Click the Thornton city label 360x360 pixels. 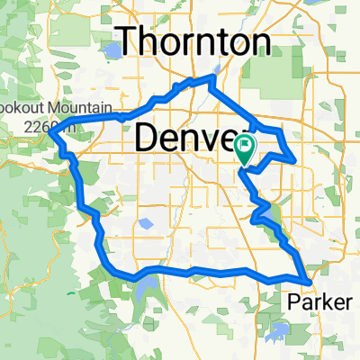[x=196, y=42]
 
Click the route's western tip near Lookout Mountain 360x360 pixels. [x=50, y=134]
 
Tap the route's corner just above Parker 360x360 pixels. [x=310, y=281]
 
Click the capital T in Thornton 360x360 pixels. [x=132, y=41]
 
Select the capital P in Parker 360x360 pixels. [x=294, y=302]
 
